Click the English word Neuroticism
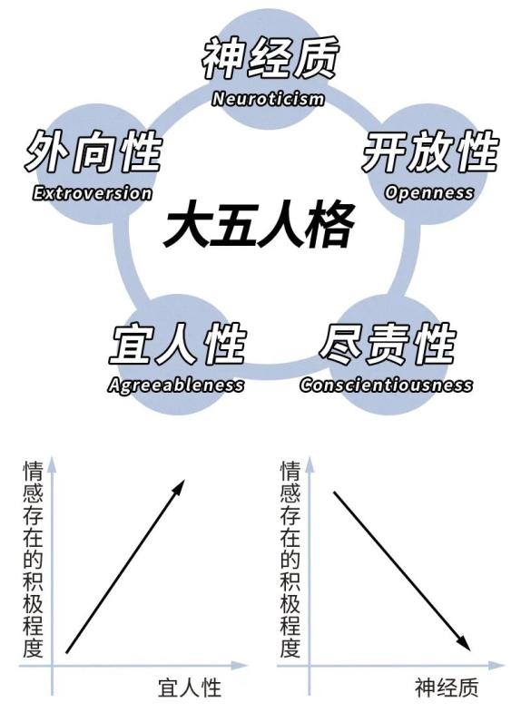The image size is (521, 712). [268, 99]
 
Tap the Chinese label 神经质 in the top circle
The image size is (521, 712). [270, 58]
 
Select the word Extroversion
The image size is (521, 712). [93, 193]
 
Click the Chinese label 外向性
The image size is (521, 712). [93, 151]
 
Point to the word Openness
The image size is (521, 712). [428, 192]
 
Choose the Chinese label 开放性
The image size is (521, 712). [429, 151]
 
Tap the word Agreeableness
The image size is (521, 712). [176, 385]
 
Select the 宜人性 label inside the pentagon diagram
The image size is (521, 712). [178, 344]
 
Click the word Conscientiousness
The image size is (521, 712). [386, 385]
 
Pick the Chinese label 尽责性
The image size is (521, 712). [388, 344]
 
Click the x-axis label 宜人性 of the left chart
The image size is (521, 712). [190, 688]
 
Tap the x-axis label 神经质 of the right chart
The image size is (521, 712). [447, 688]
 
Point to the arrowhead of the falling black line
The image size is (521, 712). [463, 643]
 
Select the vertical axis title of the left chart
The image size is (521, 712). [34, 559]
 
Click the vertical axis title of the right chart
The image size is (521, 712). [290, 559]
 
